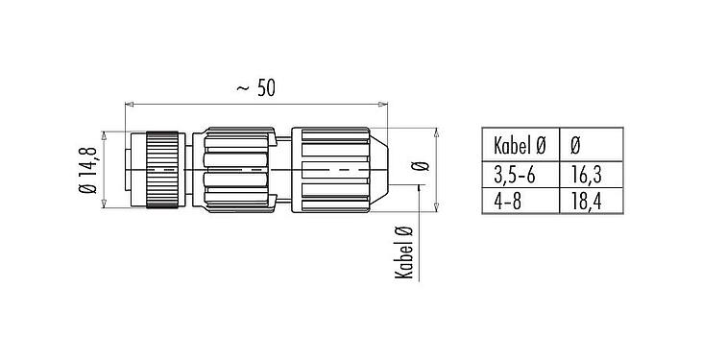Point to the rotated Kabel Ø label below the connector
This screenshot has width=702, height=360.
click(404, 251)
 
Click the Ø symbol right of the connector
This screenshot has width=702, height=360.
click(417, 167)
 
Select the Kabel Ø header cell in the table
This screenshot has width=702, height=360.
click(519, 145)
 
